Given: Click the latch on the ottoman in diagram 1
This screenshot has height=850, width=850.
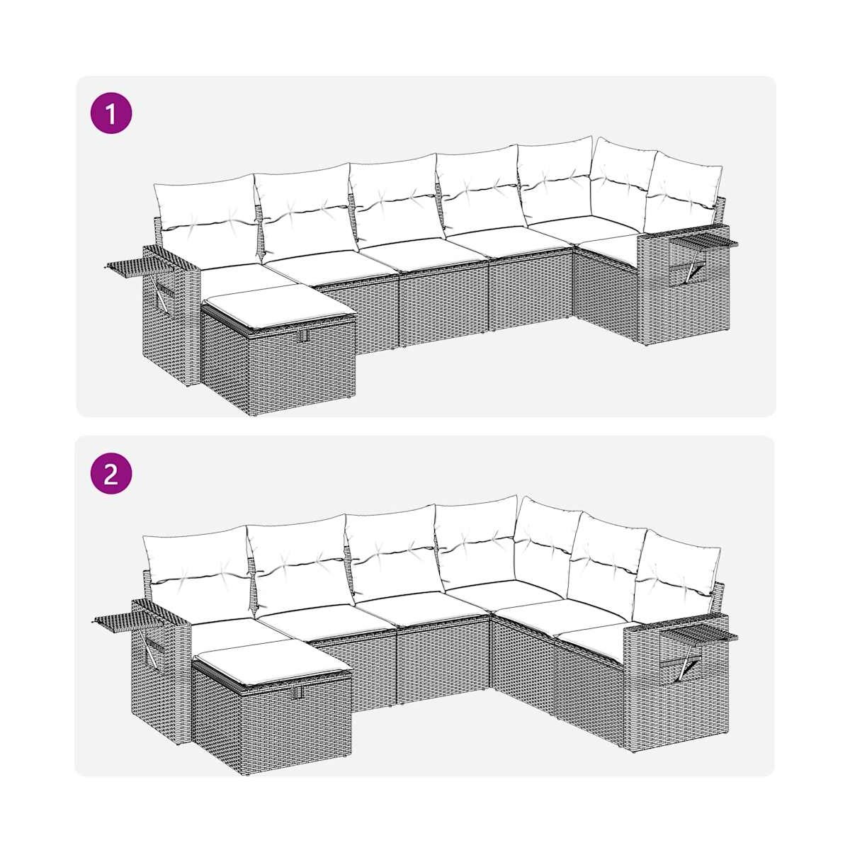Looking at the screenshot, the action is tap(302, 336).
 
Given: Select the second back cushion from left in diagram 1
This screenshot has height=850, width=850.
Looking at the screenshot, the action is tap(305, 211).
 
